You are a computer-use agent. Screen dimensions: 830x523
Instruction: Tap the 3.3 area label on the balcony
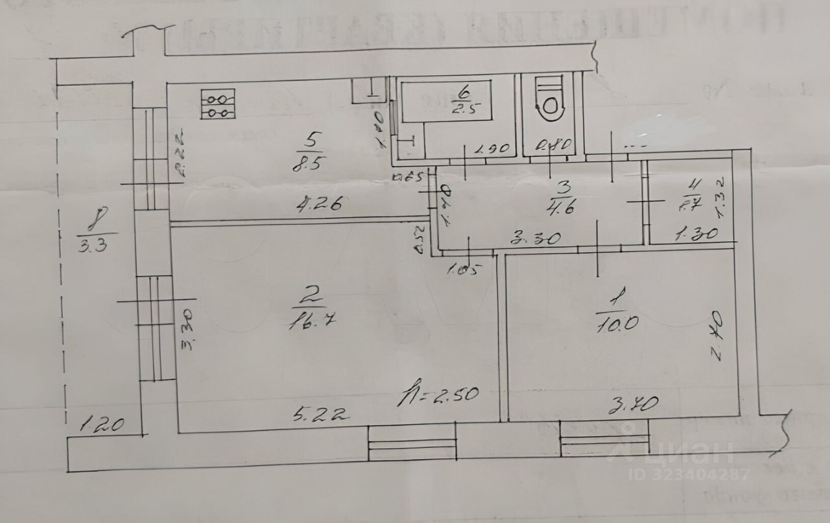[x=96, y=246]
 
